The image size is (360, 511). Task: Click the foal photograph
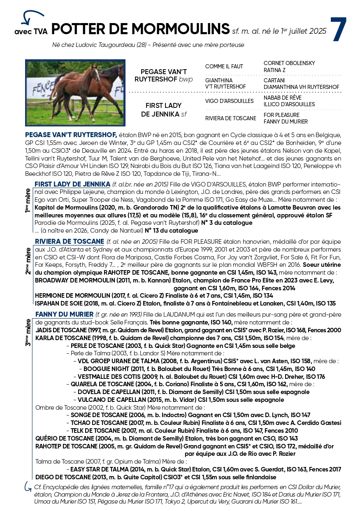75,93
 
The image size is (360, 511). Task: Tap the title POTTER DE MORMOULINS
141,29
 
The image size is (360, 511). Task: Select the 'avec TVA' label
30,31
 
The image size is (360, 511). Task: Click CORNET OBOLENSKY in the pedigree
289,63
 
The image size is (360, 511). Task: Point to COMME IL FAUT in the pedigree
224,66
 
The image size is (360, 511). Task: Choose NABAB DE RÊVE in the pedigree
282,98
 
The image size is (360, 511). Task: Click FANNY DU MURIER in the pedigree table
286,121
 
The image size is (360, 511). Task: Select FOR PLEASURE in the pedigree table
281,115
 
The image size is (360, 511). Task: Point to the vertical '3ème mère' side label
28,331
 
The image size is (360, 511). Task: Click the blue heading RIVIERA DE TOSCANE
69,241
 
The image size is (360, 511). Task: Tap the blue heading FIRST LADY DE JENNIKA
72,184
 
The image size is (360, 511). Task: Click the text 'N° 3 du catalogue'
226,223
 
